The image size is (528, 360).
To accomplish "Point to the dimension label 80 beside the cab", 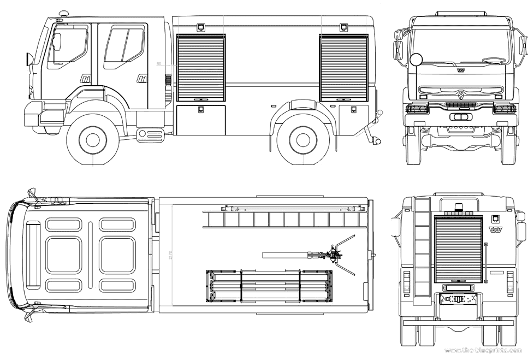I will pos(159,64).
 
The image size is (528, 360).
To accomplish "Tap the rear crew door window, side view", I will pos(124,46).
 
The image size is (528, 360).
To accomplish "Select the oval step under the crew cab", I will pos(150,134).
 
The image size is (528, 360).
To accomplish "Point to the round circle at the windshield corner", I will pos(417,60).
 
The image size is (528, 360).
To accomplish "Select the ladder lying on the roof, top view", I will pos(284,219).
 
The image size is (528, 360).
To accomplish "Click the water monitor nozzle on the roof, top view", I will pos(333,255).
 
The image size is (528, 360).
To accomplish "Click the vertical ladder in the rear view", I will pos(422,251).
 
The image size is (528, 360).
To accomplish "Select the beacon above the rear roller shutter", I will pos(458,207).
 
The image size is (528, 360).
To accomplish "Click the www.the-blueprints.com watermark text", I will pos(484,350).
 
